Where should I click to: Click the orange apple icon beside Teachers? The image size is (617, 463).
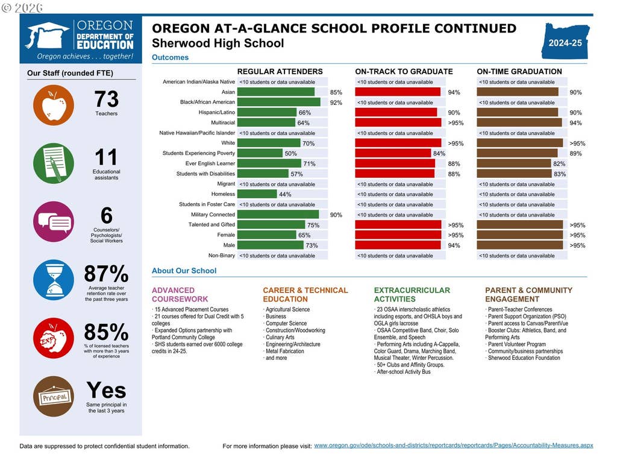click(x=54, y=105)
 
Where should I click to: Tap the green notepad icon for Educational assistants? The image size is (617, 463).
click(x=54, y=163)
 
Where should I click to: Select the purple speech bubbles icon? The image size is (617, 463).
click(x=54, y=222)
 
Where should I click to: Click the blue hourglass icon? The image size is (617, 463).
click(x=54, y=280)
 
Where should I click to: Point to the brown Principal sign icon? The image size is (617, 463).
click(x=54, y=397)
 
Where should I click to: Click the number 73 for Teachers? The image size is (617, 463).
click(x=106, y=99)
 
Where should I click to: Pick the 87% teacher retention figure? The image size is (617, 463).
click(x=106, y=274)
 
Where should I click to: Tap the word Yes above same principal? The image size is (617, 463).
click(x=106, y=390)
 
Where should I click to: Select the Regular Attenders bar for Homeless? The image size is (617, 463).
click(x=257, y=194)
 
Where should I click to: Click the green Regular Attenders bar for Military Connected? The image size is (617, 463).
click(x=278, y=215)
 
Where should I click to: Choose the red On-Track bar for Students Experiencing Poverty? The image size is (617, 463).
click(x=393, y=153)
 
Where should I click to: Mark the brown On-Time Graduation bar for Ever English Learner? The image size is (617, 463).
click(x=514, y=163)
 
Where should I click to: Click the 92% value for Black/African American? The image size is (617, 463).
click(x=336, y=102)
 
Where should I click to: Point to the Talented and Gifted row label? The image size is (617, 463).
click(x=211, y=225)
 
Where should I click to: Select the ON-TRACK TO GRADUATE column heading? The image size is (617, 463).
click(x=404, y=72)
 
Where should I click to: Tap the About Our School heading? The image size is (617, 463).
click(x=184, y=271)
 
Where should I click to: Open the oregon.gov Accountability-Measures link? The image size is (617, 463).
click(x=453, y=446)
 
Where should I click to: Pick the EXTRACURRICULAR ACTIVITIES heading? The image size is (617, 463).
click(x=412, y=294)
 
